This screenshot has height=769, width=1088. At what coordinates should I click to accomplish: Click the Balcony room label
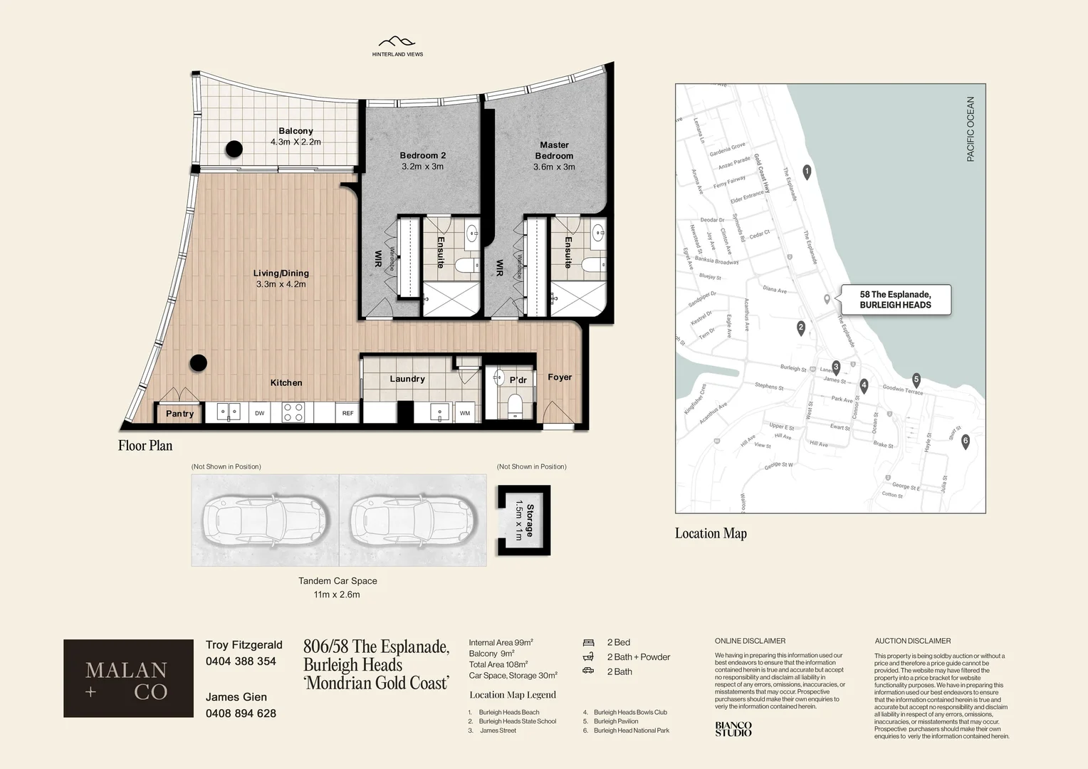point(295,131)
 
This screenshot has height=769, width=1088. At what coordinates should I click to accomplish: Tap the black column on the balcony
point(234,149)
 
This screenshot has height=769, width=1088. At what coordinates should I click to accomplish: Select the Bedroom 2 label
point(422,155)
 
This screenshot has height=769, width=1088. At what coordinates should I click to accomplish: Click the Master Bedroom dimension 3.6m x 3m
point(554,167)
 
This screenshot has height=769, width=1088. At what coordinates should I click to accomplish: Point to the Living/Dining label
point(281,273)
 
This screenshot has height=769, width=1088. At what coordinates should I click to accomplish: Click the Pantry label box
point(179,414)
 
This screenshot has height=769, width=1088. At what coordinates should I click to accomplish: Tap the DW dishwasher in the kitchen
point(260,413)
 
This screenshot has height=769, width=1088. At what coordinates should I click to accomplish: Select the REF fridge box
point(347,413)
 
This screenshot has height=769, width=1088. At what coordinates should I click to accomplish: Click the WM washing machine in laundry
point(465,413)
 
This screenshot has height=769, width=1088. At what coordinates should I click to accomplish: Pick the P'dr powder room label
point(518,380)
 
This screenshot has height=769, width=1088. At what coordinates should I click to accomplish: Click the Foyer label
point(560,377)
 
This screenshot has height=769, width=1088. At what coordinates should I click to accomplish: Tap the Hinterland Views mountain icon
point(397,43)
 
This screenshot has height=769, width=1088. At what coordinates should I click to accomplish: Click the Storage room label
point(530,520)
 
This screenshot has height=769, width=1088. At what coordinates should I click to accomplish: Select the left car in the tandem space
point(265,520)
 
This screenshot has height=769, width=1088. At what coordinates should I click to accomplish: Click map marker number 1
point(807,172)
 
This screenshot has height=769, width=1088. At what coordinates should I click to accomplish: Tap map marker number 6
point(966,441)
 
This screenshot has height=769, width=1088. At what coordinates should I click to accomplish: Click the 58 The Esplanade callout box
point(895,300)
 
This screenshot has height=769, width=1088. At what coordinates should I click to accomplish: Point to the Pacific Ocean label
point(971,130)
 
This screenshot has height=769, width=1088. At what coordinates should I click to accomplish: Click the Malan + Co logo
point(128,679)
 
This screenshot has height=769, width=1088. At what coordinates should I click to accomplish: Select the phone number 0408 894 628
point(241,713)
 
